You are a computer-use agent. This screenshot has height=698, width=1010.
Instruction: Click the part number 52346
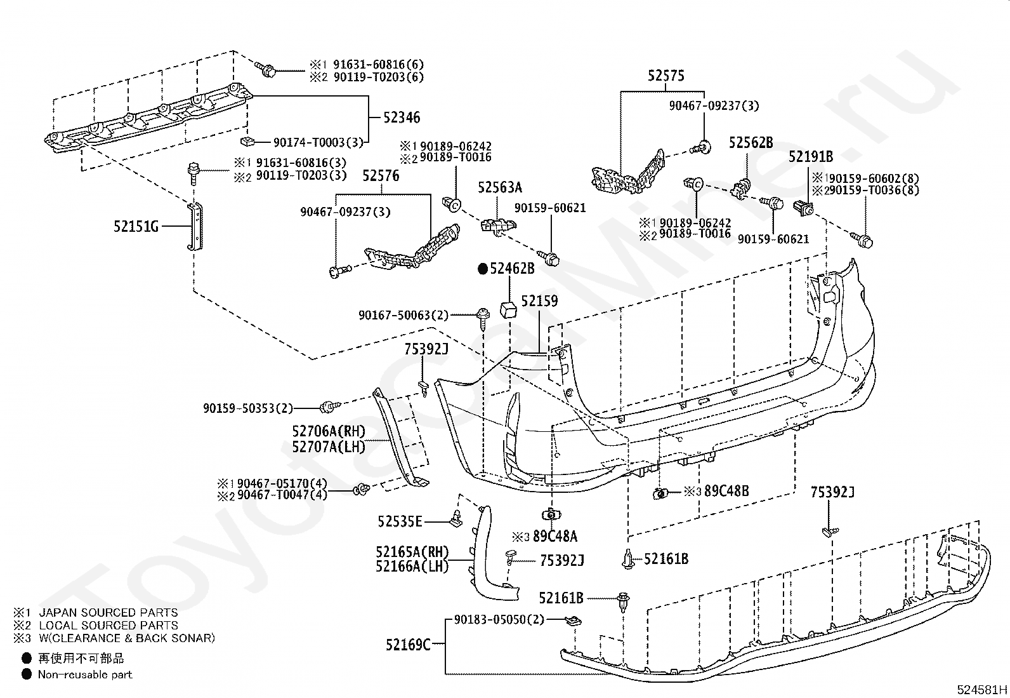(402, 118)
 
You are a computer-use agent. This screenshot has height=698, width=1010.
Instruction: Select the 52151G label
(136, 227)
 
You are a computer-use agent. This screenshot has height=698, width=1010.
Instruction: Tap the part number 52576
(381, 176)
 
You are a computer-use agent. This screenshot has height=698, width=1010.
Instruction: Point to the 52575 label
(666, 76)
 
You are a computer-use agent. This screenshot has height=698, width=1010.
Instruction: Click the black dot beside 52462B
(483, 269)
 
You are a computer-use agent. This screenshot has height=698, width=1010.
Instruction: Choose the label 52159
(540, 301)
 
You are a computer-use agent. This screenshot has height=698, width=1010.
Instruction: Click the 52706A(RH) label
(329, 431)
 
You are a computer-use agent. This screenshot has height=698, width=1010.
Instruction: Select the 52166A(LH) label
(412, 566)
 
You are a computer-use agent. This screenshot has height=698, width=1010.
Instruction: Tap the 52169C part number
(409, 644)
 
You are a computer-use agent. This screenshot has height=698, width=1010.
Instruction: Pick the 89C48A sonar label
(555, 537)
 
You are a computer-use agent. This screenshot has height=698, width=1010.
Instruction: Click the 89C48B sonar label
(727, 491)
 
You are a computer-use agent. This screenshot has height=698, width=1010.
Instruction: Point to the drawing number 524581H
(982, 689)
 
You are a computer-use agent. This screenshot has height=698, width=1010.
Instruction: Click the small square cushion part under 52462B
(509, 310)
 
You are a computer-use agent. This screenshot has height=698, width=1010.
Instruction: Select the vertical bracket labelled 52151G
(195, 225)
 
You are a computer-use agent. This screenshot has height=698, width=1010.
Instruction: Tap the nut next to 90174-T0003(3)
(247, 142)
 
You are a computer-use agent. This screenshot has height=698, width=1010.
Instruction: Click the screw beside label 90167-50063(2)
(483, 318)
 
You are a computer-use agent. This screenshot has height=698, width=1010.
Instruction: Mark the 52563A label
(500, 187)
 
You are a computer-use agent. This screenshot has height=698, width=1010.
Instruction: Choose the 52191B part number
(811, 157)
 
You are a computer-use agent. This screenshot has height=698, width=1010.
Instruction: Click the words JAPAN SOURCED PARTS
(108, 613)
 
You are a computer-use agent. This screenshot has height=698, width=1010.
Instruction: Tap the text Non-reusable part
(85, 675)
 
